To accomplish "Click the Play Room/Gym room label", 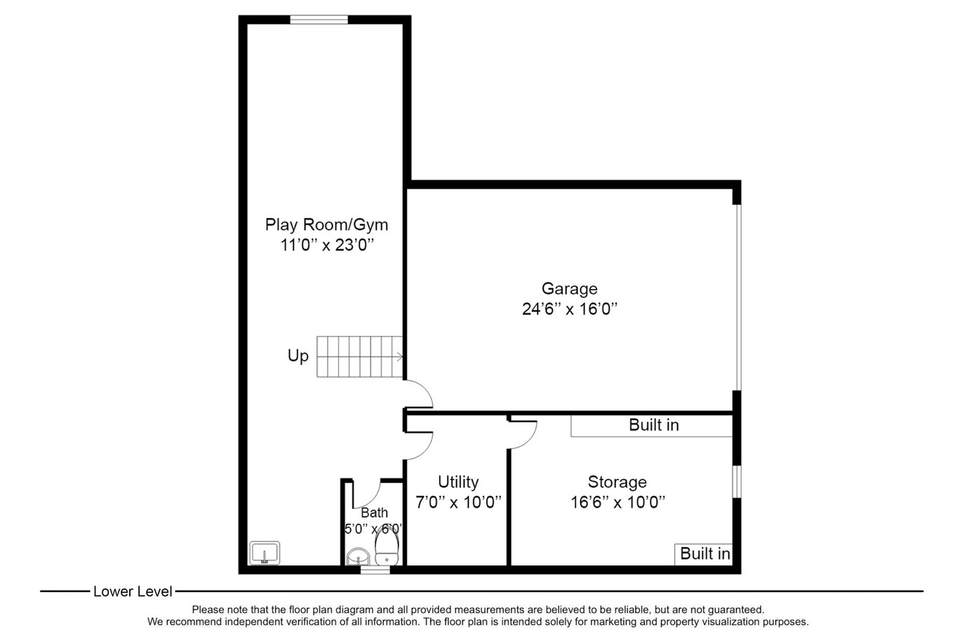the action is click(326, 225).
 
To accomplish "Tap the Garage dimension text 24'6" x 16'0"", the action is click(570, 309).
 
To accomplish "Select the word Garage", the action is click(570, 288).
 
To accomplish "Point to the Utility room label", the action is click(458, 482).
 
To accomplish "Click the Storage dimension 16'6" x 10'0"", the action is click(617, 502).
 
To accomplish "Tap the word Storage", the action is click(617, 482).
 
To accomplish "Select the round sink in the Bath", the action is click(358, 557).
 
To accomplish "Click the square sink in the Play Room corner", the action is click(265, 553).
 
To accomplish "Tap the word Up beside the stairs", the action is click(298, 356).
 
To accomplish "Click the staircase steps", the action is click(360, 357).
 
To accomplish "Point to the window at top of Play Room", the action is click(319, 20).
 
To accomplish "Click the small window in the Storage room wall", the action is click(737, 482).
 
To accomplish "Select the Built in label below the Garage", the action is click(654, 425).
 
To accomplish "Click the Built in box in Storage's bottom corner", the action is click(703, 554).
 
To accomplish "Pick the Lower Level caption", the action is click(133, 592).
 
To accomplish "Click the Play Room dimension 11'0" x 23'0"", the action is click(327, 245).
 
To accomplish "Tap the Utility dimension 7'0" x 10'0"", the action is click(458, 502).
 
